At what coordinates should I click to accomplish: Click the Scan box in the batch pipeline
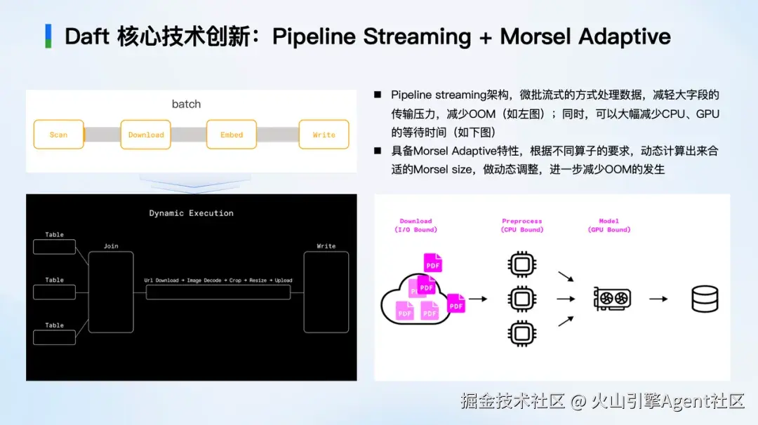pos(58,134)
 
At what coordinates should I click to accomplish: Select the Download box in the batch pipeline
pos(145,134)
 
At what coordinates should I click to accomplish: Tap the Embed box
pos(232,134)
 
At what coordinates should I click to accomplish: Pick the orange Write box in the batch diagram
pos(324,134)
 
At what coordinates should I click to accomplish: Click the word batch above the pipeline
pos(186,104)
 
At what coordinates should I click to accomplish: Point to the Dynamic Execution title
pos(191,213)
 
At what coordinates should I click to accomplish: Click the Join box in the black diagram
pos(111,292)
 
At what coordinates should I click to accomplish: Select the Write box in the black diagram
pos(326,292)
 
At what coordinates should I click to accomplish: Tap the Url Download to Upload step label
pos(218,280)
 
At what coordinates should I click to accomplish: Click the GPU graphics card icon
pos(612,299)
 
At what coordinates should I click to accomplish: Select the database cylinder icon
pos(705,299)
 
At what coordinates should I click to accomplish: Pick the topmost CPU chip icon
pos(521,264)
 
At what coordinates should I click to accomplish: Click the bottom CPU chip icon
pos(521,333)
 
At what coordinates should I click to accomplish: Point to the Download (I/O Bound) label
pos(415,226)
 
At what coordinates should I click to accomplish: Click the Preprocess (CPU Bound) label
pos(522,226)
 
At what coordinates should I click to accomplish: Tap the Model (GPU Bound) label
pos(609,226)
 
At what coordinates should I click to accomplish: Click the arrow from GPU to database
pos(658,299)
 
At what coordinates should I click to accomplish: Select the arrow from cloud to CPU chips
pos(478,299)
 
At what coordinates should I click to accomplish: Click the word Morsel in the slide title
pos(536,36)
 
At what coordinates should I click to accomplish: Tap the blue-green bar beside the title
pos(48,36)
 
